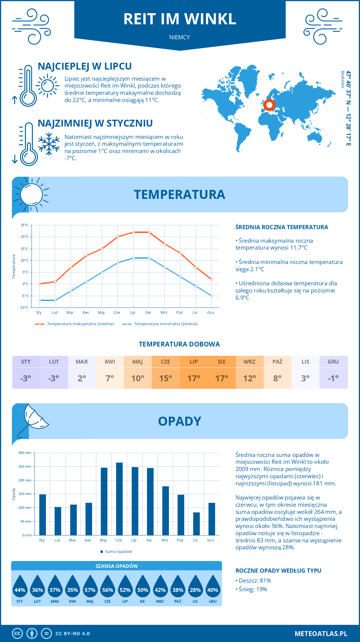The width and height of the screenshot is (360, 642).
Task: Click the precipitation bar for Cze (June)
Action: [x=119, y=499]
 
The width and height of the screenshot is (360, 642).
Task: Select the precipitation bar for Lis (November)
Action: [x=196, y=524]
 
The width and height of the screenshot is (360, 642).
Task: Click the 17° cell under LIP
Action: [x=194, y=378]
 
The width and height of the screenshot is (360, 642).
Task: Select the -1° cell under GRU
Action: [x=333, y=378]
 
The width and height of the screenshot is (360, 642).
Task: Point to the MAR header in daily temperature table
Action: [x=82, y=361]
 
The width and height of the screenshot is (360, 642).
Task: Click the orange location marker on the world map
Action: [x=269, y=105]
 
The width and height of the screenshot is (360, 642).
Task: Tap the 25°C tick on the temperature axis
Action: [x=25, y=225]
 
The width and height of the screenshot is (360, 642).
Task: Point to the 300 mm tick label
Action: [x=25, y=453]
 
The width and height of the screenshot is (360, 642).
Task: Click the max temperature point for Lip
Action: [x=133, y=232]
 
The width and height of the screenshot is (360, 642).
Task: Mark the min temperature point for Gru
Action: [x=211, y=296]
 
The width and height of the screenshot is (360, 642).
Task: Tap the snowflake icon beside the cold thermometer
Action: [x=49, y=144]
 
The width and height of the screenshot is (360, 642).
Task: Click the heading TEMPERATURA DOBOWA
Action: [x=179, y=344]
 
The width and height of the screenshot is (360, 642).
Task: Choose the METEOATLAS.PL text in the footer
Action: [x=321, y=633]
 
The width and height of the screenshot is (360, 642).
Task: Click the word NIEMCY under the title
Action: [x=179, y=37]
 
